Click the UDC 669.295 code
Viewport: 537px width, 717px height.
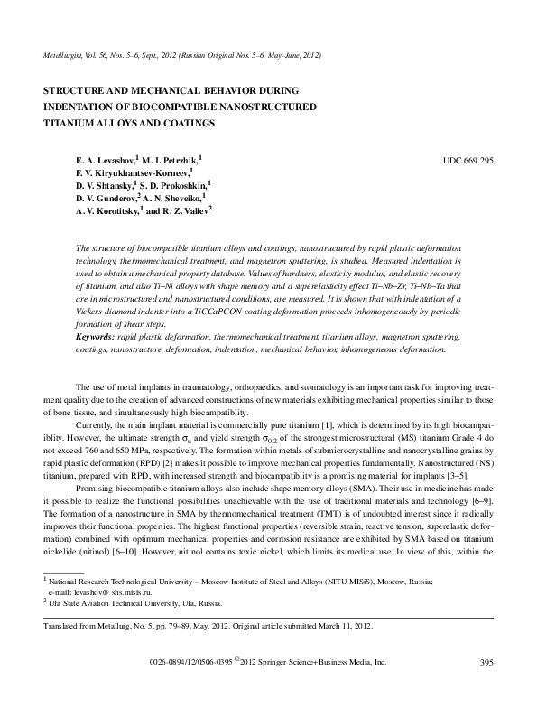(468, 160)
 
